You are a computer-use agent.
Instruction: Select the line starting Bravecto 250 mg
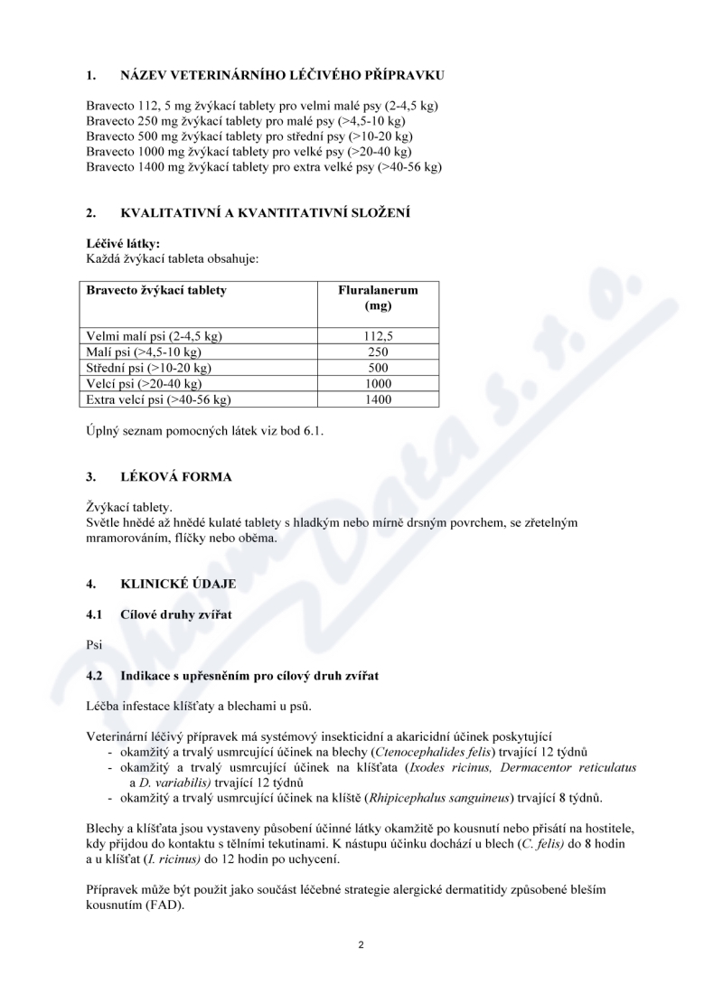tap(245, 121)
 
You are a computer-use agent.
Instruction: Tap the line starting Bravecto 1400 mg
tap(264, 167)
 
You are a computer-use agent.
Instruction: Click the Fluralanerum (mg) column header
tap(378, 298)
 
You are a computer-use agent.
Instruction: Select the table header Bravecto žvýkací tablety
tap(155, 290)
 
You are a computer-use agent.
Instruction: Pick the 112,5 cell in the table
tap(378, 336)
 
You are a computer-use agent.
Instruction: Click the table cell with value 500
tap(378, 368)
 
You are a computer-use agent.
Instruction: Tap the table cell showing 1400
tap(378, 399)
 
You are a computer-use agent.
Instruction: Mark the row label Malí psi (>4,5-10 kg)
tap(143, 352)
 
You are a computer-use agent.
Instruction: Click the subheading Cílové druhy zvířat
tap(176, 614)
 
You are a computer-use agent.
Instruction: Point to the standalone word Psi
tap(94, 646)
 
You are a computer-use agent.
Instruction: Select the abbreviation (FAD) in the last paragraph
tap(165, 905)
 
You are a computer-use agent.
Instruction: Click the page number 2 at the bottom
tap(361, 945)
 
